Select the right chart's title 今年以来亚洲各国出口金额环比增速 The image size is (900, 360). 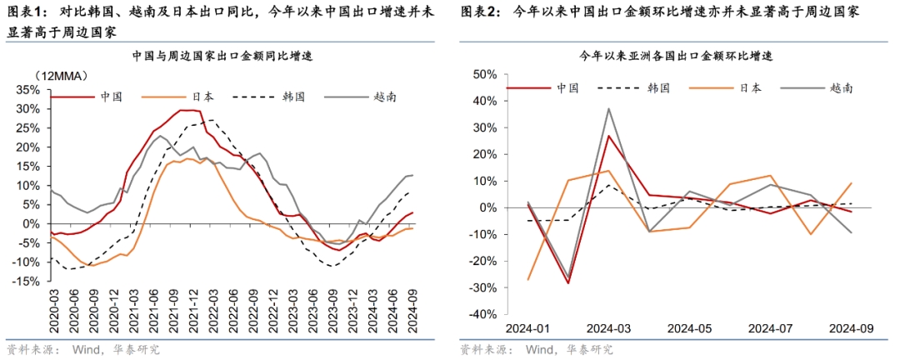677,57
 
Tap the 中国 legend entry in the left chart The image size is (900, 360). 111,97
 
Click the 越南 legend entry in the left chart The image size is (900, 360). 384,97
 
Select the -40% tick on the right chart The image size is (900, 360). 481,314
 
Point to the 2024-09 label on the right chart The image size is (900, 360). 851,327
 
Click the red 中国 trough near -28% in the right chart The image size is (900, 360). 569,283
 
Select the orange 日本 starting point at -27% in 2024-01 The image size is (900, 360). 529,279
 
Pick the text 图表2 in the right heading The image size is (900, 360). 478,12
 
